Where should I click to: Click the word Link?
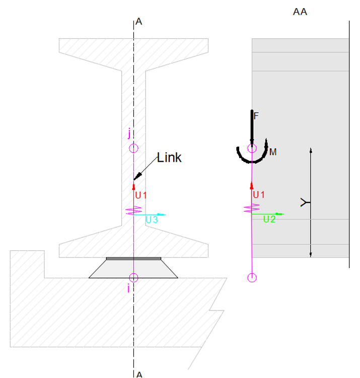coord(169,157)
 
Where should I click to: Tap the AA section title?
coord(300,12)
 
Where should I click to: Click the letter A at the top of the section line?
coord(139,22)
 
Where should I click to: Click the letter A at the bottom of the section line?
coord(139,374)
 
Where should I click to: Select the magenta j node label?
coord(129,134)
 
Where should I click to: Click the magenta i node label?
coord(128,288)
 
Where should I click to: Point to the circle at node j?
coord(133,148)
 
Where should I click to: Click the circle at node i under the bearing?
coord(133,277)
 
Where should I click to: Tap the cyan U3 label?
coord(152,220)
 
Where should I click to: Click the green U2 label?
coord(269,219)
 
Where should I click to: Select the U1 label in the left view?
coord(141,195)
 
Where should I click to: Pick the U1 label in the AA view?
coord(259,195)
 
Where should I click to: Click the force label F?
coord(256,116)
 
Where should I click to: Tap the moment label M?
coord(273,151)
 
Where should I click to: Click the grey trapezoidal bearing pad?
coord(133,269)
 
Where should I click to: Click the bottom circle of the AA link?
coord(252,277)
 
